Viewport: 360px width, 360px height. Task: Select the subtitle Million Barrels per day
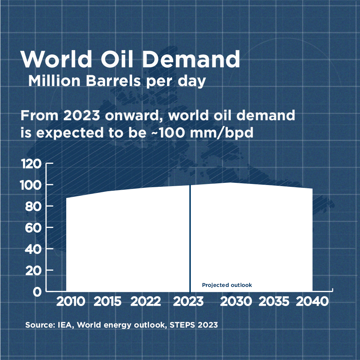click(117, 81)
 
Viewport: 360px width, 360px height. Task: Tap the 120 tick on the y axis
click(32, 164)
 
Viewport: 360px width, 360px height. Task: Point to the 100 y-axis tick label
click(32, 185)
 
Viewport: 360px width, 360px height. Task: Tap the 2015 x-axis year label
click(108, 302)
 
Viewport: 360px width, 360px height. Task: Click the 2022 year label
click(145, 302)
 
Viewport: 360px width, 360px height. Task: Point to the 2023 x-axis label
click(188, 302)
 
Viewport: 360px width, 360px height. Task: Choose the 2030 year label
click(235, 302)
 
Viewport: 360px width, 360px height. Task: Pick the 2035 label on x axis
click(274, 302)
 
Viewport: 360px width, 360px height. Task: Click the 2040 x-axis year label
click(312, 302)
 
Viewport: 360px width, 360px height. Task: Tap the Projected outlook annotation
click(227, 285)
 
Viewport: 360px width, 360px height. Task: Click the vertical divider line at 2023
click(190, 238)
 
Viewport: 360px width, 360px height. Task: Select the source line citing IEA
click(121, 325)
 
